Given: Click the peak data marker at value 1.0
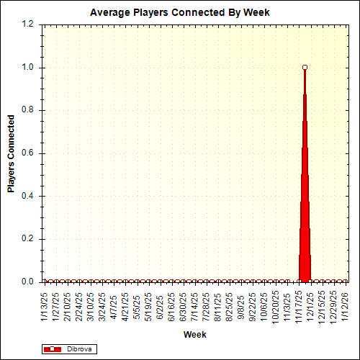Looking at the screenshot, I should point(305,67).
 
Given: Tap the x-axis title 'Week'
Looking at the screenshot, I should point(194,335).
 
